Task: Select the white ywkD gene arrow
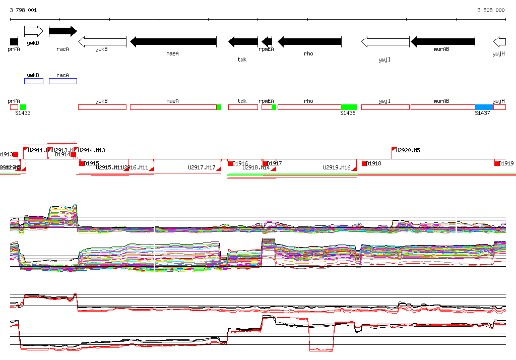click(x=34, y=31)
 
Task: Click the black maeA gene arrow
click(x=173, y=41)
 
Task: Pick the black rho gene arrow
click(x=309, y=41)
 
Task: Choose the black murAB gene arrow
click(x=443, y=41)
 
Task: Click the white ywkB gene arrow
click(x=102, y=41)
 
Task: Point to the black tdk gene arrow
click(x=243, y=41)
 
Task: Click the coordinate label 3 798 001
click(x=23, y=10)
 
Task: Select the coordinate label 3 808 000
click(x=491, y=10)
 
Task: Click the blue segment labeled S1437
click(x=484, y=107)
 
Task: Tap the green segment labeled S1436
click(x=349, y=107)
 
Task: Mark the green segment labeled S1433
click(x=23, y=107)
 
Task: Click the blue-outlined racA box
click(x=63, y=81)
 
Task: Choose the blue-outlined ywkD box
click(x=34, y=81)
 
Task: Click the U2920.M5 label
click(x=408, y=150)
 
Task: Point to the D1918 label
click(x=373, y=163)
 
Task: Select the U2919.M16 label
click(x=337, y=167)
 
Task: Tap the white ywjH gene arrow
click(x=499, y=41)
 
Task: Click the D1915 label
click(x=91, y=163)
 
